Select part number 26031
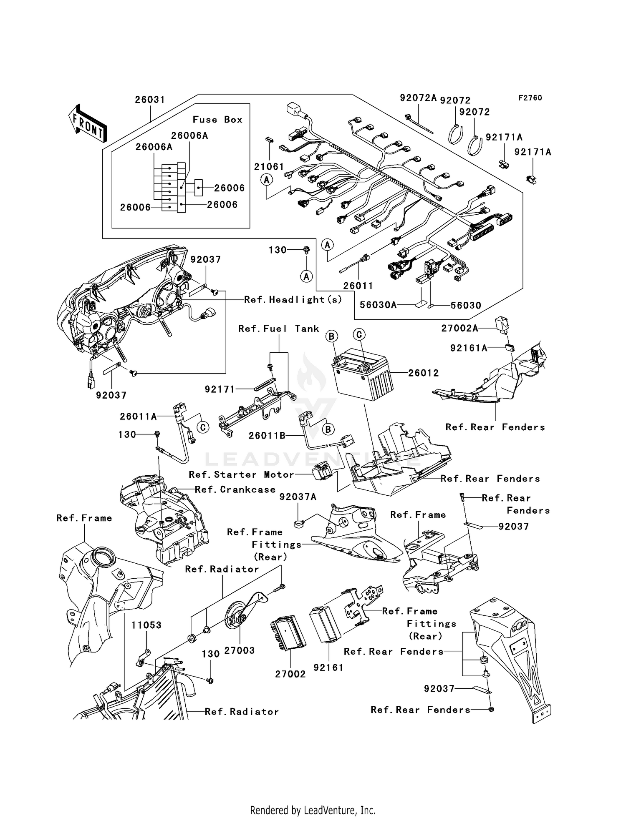click(x=150, y=100)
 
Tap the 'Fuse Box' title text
click(x=217, y=120)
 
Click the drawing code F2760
click(x=530, y=98)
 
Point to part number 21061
click(x=269, y=167)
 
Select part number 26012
click(x=423, y=373)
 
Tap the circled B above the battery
click(x=332, y=336)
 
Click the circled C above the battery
click(x=359, y=334)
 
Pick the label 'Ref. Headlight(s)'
click(x=293, y=299)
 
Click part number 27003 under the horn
click(x=239, y=650)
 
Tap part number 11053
click(x=146, y=625)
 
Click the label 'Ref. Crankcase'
click(x=235, y=489)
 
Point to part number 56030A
click(x=378, y=305)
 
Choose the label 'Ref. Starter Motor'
click(x=241, y=474)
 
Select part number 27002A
click(x=459, y=329)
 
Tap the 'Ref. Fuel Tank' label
click(x=279, y=329)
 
